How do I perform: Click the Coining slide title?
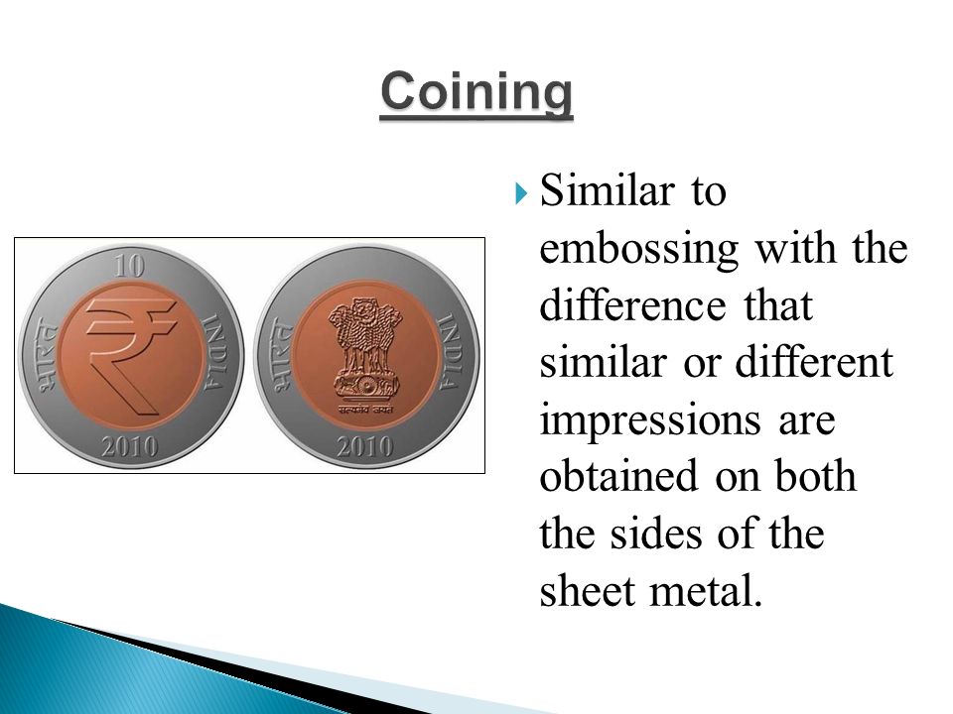(476, 93)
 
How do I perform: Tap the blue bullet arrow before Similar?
(519, 193)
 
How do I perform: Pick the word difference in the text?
(632, 304)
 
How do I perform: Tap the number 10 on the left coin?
(129, 266)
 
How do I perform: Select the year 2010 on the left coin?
(129, 447)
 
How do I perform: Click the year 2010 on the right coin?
(365, 447)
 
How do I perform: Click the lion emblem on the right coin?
(365, 349)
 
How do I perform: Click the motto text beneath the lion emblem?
(365, 410)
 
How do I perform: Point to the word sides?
(655, 534)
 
